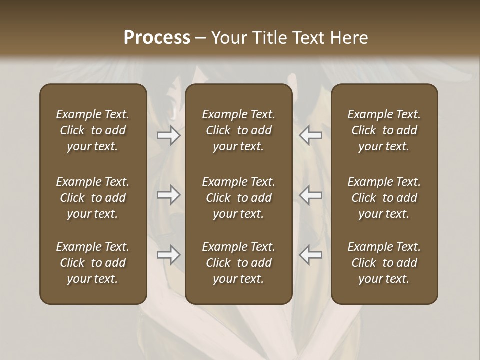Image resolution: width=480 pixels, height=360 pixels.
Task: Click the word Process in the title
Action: pyautogui.click(x=157, y=38)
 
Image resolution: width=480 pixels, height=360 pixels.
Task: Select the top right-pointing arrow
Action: pyautogui.click(x=169, y=136)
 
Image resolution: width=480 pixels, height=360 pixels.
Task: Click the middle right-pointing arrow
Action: pyautogui.click(x=169, y=195)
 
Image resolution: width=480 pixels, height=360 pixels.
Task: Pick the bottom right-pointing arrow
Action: pyautogui.click(x=169, y=255)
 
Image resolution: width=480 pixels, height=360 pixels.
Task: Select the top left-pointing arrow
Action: pyautogui.click(x=311, y=136)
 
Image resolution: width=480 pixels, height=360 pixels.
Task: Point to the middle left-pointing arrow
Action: pyautogui.click(x=311, y=195)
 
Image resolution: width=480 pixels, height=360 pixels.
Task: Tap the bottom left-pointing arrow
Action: pyautogui.click(x=311, y=255)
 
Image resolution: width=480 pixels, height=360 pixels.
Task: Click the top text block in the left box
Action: pyautogui.click(x=93, y=130)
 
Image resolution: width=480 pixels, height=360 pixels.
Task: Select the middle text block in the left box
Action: pyautogui.click(x=93, y=198)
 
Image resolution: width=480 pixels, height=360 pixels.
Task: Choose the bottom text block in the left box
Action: pyautogui.click(x=93, y=263)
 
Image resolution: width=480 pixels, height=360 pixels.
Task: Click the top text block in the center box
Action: pyautogui.click(x=238, y=130)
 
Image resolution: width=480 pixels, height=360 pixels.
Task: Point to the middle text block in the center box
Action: pyautogui.click(x=238, y=198)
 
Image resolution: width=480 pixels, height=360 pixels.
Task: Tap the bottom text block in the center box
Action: pyautogui.click(x=238, y=263)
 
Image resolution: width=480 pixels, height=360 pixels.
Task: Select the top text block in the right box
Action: pyautogui.click(x=384, y=130)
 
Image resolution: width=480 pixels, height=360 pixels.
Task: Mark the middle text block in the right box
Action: pyautogui.click(x=384, y=198)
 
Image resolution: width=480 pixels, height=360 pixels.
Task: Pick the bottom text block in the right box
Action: pyautogui.click(x=384, y=263)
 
